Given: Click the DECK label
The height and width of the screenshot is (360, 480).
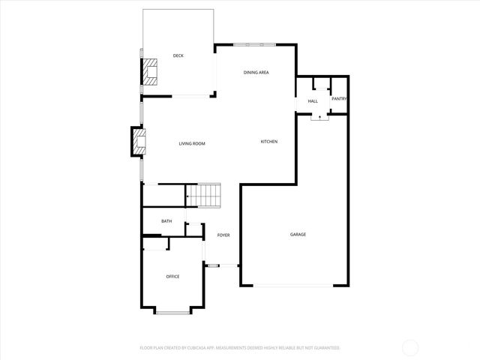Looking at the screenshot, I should (178, 55).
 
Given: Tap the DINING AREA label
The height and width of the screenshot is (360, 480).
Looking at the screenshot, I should (256, 72).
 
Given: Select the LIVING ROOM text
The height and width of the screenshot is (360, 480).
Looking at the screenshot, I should (192, 143).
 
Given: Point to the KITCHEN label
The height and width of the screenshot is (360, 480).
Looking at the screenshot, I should (269, 142).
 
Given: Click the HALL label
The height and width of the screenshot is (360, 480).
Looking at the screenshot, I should (313, 100).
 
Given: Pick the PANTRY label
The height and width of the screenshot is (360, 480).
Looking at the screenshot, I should (339, 98).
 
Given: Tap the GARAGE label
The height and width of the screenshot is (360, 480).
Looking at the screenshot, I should (298, 235).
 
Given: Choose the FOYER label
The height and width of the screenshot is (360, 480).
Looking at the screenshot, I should (223, 235).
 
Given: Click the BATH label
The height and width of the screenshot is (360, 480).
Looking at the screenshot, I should (166, 221).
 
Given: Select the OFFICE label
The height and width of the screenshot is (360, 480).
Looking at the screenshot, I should (172, 277).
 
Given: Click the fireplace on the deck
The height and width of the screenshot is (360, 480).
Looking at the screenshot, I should (151, 71).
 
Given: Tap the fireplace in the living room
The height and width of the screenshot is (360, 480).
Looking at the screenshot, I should (139, 142).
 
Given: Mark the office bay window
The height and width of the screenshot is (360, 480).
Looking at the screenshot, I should (173, 311).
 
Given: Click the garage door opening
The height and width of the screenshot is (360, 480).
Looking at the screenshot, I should (295, 285).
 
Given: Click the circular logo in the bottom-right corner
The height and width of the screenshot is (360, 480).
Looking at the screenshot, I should (410, 346).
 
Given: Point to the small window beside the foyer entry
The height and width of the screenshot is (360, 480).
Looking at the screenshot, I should (213, 265).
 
